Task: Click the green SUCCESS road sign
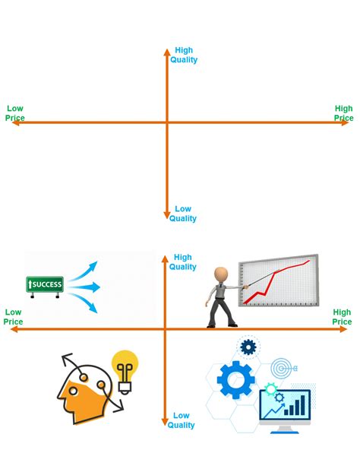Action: pos(45,284)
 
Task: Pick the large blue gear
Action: pos(235,379)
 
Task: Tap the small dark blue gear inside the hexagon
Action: pos(248,347)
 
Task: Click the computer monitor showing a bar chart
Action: pos(285,407)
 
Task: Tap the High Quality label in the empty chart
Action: pos(184,55)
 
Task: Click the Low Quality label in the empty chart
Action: pos(183,214)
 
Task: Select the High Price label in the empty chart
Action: pos(344,113)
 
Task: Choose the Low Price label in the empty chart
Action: pos(15,113)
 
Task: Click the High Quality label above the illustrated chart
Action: pos(183,262)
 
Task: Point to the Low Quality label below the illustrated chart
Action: pos(182,420)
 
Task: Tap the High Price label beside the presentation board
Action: pos(342,317)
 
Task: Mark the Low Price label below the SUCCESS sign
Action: pos(14,317)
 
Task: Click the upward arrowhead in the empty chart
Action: pos(166,52)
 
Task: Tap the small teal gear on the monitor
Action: pos(271,389)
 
